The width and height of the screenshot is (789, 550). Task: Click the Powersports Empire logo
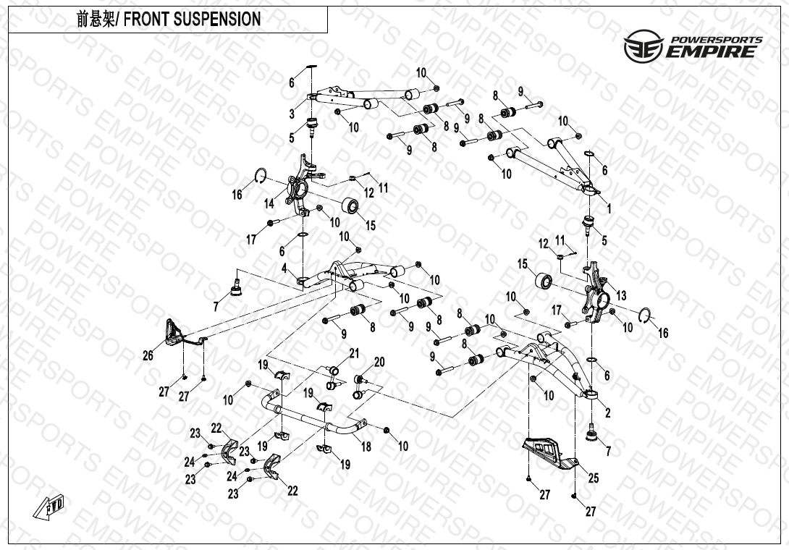(693, 45)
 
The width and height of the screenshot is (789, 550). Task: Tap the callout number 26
(148, 355)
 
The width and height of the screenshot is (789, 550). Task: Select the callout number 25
(594, 478)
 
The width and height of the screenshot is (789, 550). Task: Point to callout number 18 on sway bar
(366, 447)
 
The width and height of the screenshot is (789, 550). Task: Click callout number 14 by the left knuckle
(269, 204)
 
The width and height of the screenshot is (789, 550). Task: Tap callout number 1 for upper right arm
(609, 208)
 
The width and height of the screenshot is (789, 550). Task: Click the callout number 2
(608, 413)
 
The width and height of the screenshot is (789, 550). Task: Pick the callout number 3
(292, 114)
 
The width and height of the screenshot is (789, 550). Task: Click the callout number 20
(379, 362)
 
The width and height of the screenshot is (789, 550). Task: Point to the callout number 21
(354, 353)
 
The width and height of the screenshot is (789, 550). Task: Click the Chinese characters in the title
(95, 20)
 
